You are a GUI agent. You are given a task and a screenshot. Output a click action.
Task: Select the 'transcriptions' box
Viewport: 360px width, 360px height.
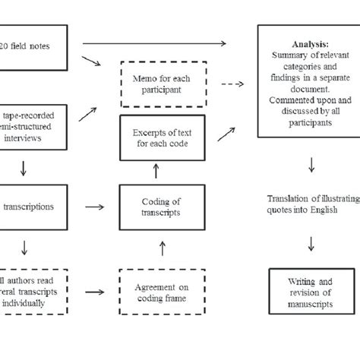30,206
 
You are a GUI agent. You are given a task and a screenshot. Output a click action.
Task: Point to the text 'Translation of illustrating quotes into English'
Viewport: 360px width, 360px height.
312,206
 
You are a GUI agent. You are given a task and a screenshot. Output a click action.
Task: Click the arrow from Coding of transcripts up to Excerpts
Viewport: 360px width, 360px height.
155,172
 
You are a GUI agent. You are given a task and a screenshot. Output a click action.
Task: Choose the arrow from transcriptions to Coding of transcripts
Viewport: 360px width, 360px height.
95,207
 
